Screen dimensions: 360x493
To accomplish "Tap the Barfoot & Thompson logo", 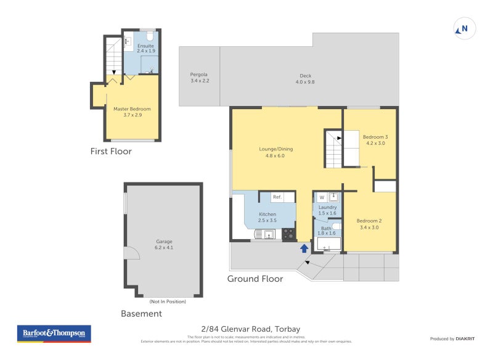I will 54,333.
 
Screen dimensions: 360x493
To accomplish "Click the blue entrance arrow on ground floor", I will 303,248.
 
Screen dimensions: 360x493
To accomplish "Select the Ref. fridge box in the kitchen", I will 277,197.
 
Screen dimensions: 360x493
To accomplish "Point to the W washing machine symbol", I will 321,197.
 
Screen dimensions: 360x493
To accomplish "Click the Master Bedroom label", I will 132,112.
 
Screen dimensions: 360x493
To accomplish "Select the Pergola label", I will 200,78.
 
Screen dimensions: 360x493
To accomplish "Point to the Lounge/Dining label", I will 275,152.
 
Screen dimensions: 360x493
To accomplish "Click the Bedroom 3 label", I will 375,139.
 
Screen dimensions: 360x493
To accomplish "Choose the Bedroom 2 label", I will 369,224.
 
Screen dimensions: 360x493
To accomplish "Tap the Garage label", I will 164,244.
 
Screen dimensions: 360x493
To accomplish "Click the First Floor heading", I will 111,152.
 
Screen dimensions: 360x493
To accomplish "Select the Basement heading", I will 141,314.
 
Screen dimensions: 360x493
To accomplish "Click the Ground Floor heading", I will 255,279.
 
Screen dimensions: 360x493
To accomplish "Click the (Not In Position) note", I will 167,301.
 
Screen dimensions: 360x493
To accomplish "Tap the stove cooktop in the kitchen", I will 288,234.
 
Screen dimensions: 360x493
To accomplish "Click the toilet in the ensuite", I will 148,35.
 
